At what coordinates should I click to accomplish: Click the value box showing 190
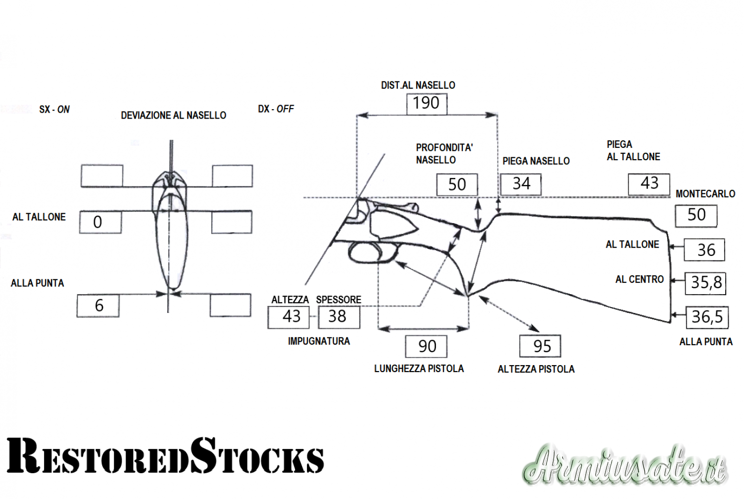(x=427, y=104)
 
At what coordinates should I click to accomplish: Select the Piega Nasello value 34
(x=521, y=185)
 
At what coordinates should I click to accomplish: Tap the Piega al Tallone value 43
(x=649, y=184)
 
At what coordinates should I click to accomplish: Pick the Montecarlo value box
(x=696, y=216)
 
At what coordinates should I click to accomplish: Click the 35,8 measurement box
(x=705, y=283)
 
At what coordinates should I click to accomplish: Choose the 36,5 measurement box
(x=707, y=317)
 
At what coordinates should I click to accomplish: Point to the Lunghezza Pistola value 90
(x=426, y=346)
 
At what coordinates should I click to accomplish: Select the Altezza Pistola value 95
(x=541, y=346)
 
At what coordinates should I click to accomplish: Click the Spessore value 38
(x=339, y=317)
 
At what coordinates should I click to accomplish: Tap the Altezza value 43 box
(x=289, y=317)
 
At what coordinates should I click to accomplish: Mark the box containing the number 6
(x=98, y=306)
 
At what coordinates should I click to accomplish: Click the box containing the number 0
(x=100, y=222)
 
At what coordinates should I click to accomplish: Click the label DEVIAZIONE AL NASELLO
(x=174, y=115)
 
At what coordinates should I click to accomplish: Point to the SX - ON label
(x=54, y=109)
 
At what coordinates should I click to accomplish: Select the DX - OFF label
(x=276, y=109)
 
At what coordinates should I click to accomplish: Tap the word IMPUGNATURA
(x=319, y=341)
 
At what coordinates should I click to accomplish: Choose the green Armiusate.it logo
(x=624, y=465)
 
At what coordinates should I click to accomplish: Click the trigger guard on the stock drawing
(x=372, y=253)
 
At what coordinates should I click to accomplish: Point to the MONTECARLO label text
(x=705, y=193)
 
